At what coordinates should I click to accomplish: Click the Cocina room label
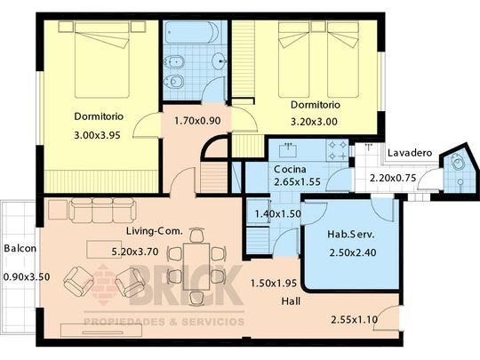pos(290,169)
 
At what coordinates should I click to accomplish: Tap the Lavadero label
pos(410,153)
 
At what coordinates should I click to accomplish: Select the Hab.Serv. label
pos(351,235)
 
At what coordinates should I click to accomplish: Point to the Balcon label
pos(20,248)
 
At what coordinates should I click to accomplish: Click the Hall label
pos(291,301)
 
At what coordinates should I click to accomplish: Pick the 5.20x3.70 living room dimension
pos(135,252)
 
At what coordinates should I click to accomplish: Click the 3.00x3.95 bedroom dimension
pos(98,135)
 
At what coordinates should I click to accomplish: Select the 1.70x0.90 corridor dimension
pos(197,121)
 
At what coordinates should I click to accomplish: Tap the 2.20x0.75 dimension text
pos(393,178)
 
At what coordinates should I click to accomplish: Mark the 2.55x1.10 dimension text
pos(355,320)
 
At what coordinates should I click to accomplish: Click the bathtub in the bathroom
pos(192,32)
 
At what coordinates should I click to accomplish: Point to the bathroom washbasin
pos(220,60)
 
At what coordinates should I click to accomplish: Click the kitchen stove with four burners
pos(338,150)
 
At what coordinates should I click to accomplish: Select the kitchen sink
pos(288,150)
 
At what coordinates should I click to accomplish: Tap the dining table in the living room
pos(196,267)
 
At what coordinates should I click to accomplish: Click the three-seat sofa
pos(102,211)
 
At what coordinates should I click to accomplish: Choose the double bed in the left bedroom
pos(102,60)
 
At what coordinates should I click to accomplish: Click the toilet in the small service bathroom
pos(458,162)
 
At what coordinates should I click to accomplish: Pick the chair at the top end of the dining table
pos(196,236)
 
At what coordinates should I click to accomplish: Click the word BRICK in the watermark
pos(187,285)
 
